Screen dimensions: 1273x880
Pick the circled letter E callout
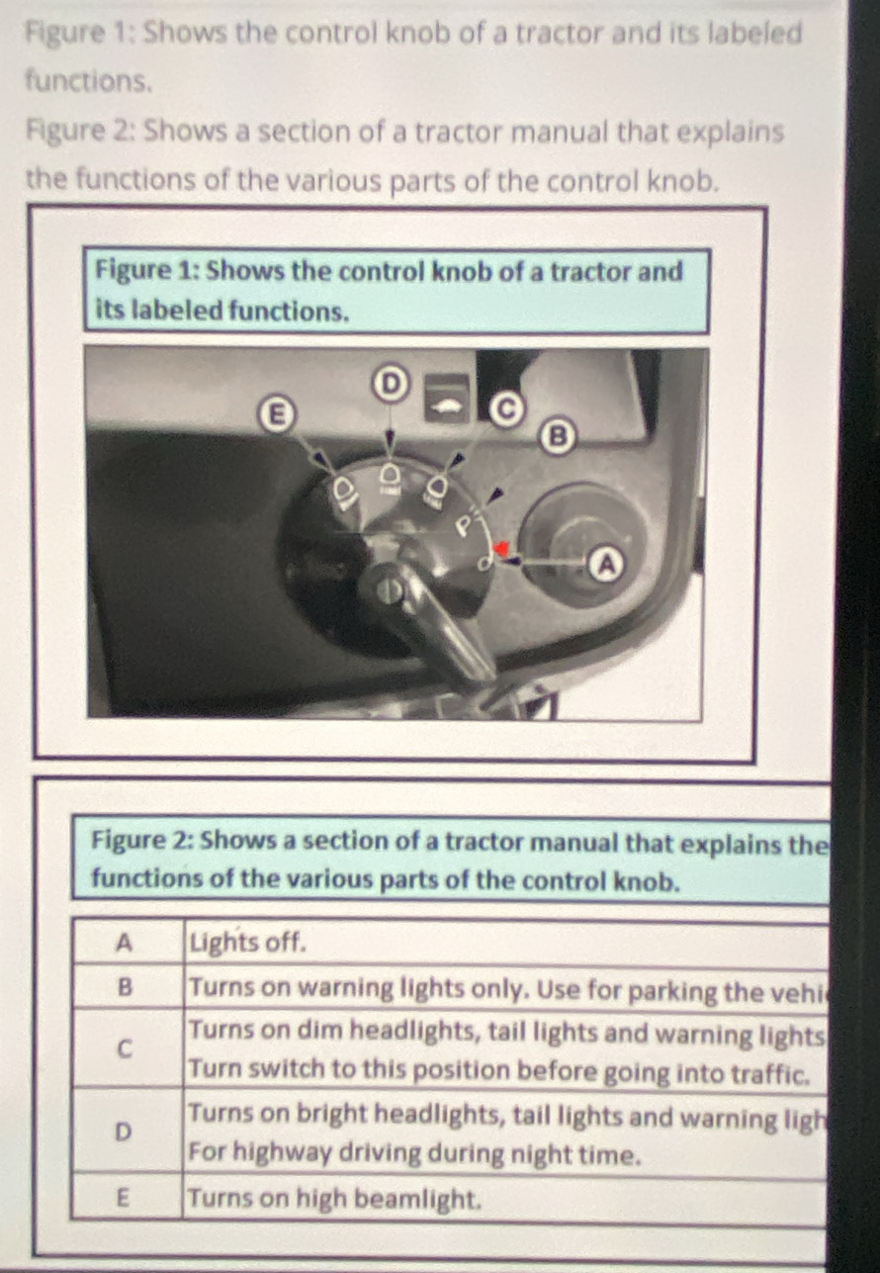(x=267, y=412)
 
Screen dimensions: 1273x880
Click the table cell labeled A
(x=125, y=943)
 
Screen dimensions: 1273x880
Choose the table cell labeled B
(x=125, y=987)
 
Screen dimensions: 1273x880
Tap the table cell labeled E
(x=125, y=1200)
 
